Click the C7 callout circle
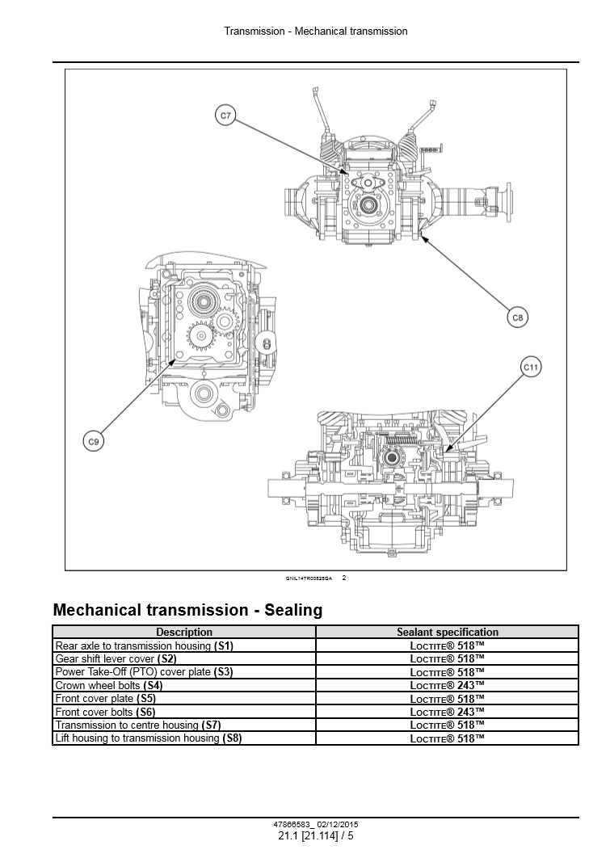226,116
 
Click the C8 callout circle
518,318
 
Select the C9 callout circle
94,442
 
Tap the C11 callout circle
531,368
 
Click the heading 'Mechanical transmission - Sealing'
187,610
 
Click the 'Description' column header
184,633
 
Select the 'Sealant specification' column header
448,633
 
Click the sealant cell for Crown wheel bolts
448,685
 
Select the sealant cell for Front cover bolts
448,712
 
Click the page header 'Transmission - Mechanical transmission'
316,32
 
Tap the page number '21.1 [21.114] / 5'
316,836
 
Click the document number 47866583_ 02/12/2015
316,825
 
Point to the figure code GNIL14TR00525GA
309,578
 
